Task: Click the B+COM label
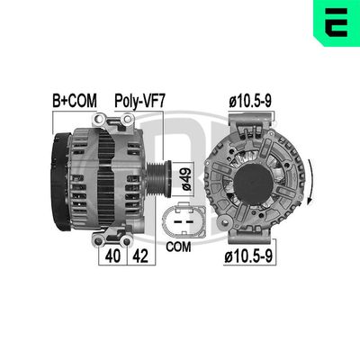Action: click(75, 101)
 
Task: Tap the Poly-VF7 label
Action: click(139, 102)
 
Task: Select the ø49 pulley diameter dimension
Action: click(186, 179)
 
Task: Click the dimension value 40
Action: click(112, 256)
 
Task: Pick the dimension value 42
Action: click(140, 256)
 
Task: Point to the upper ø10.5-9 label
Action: click(250, 102)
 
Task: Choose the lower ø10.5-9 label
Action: click(248, 256)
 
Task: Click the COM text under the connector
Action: click(178, 247)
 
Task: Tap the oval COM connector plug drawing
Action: click(184, 220)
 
